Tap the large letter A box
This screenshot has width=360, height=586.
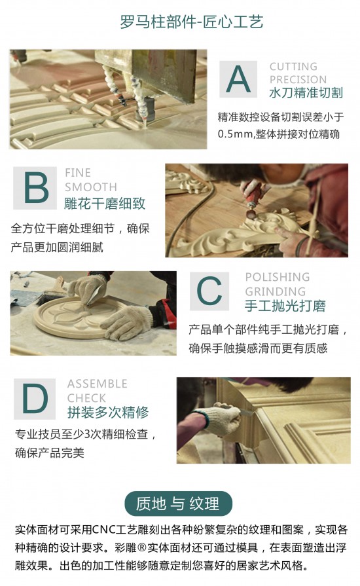[x=238, y=79]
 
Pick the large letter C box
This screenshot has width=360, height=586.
[x=209, y=291]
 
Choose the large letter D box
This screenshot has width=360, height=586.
[x=35, y=398]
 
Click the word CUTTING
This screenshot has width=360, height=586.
[x=293, y=67]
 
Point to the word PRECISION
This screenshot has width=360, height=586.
[x=298, y=80]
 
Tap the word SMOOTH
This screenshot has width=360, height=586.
[x=90, y=187]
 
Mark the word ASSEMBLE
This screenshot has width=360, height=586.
[x=97, y=384]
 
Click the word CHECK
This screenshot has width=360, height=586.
[x=86, y=398]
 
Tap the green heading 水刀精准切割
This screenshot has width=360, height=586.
[x=306, y=94]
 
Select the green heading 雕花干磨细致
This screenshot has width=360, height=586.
[x=105, y=203]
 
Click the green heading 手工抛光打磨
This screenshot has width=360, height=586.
[x=285, y=306]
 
